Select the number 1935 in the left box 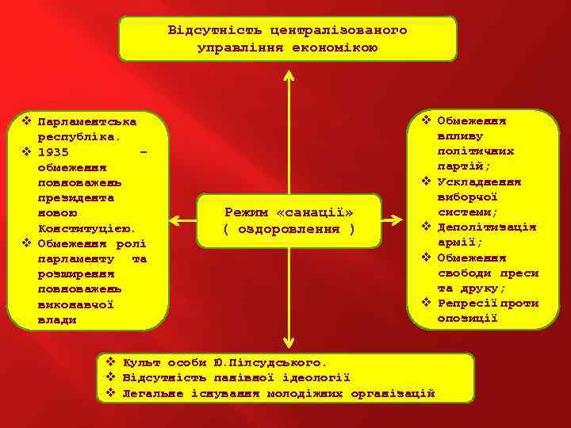pos(52,152)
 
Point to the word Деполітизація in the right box pos(486,227)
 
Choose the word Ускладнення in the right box pos(477,182)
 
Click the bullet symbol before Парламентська pos(26,122)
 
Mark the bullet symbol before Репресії pos(426,304)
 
